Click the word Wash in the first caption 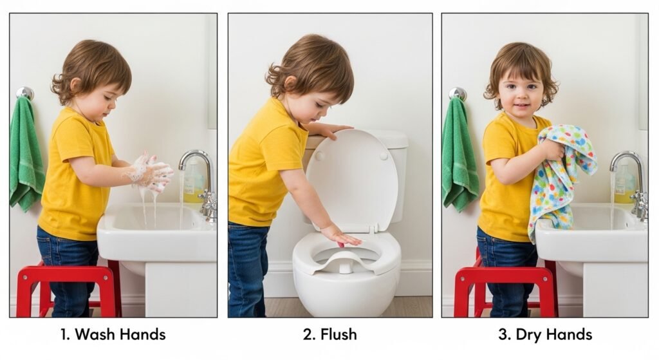[95, 334]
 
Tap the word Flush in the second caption [339, 334]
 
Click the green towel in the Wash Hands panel [26, 153]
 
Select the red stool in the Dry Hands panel [505, 290]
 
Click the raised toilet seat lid [351, 179]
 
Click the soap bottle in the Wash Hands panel [192, 180]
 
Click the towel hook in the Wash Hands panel [25, 93]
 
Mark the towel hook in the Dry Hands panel [458, 94]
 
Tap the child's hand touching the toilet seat [341, 236]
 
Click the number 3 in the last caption [503, 335]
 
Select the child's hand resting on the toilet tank [332, 130]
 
